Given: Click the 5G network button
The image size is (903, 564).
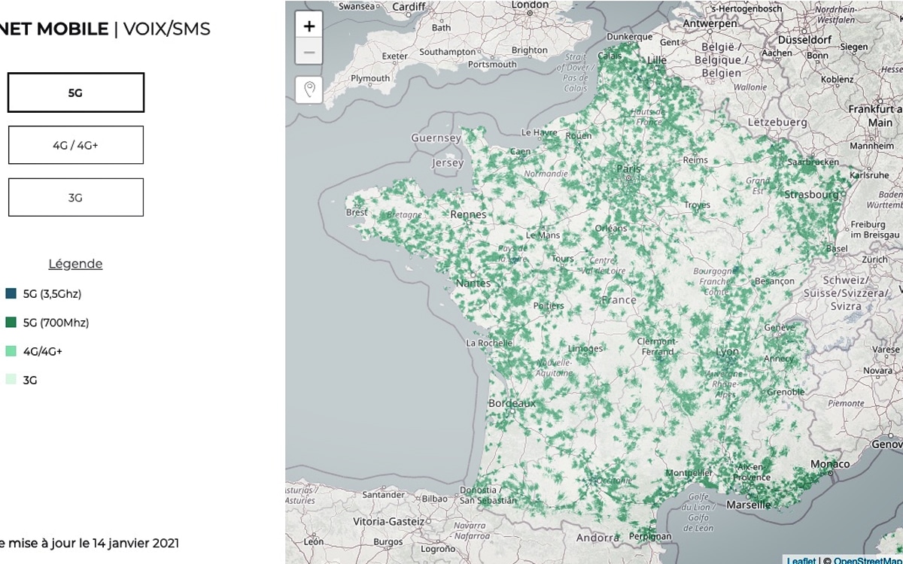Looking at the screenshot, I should point(75,93).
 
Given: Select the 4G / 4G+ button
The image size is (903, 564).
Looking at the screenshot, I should point(75,145).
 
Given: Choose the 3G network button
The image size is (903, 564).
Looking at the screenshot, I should point(75,198).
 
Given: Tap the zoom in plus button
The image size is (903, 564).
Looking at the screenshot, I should point(309,26).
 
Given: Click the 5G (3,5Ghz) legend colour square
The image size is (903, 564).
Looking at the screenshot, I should point(11,294).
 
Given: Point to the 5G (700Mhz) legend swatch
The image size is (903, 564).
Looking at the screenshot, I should point(11,323).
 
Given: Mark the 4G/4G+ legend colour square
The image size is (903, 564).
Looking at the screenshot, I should point(11,351).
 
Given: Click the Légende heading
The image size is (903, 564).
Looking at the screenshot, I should point(75,264).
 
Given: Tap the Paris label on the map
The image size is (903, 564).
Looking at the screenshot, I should point(629,169).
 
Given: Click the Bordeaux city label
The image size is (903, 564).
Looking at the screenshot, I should point(512,403).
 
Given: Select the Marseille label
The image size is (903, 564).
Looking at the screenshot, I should point(749,505).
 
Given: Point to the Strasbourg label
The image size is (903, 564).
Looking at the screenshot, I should point(811,195).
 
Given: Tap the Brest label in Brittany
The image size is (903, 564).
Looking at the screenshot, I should point(357,213).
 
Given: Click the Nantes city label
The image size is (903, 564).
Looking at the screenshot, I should point(473,284).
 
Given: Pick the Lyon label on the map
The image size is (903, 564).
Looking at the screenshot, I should point(728,352).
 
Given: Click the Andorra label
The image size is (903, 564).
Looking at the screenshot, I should point(597,538).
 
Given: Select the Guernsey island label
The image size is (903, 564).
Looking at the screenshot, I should point(436,138).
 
